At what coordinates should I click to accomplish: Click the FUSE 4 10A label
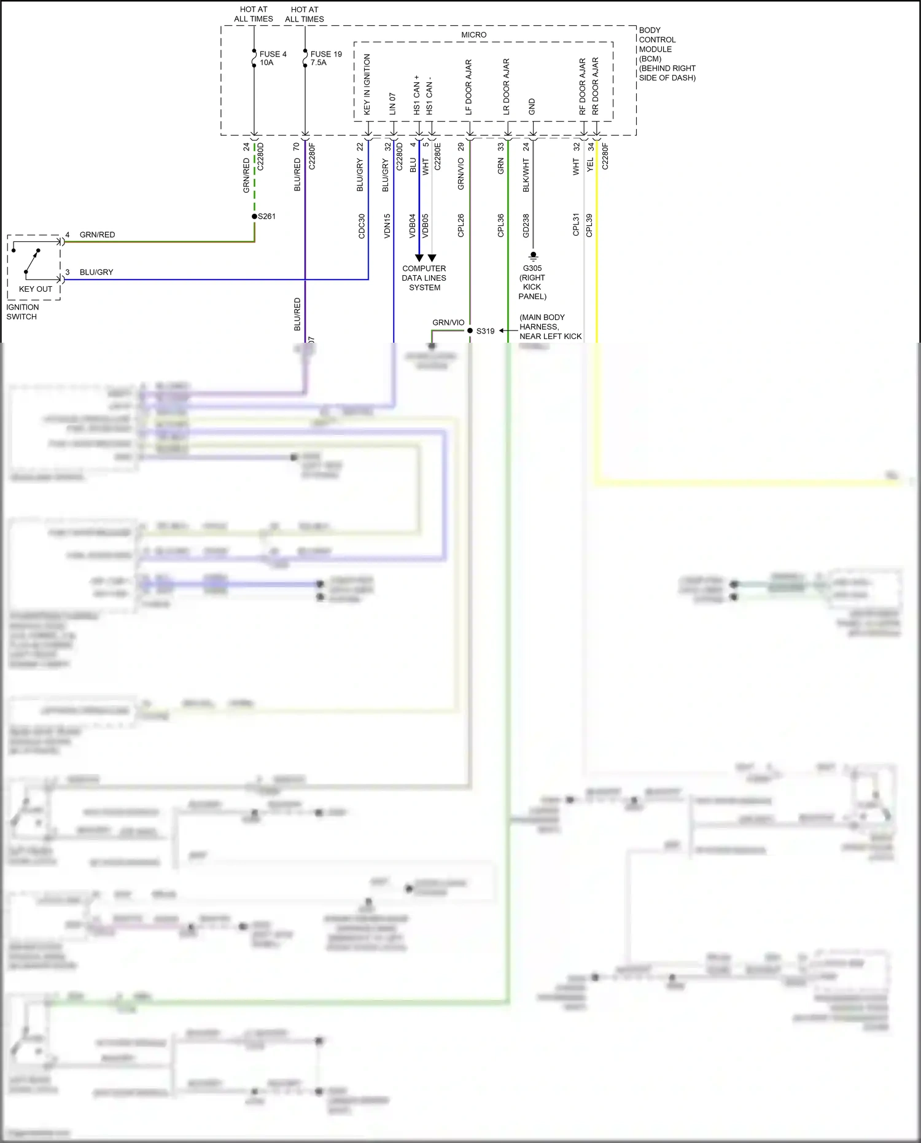click(273, 58)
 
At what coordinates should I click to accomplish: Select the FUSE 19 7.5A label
click(326, 58)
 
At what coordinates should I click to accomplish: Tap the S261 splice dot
click(255, 216)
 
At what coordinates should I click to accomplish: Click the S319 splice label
click(485, 331)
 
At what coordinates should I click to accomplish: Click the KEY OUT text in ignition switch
click(36, 289)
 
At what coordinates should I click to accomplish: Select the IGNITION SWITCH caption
click(22, 312)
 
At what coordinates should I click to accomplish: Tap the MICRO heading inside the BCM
click(473, 35)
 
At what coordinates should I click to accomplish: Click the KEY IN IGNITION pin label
click(367, 84)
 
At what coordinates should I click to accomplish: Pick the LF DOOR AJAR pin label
click(468, 87)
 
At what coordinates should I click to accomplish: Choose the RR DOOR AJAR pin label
click(595, 87)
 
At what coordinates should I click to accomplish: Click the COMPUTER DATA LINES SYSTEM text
click(424, 278)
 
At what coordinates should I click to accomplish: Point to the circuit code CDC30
click(362, 226)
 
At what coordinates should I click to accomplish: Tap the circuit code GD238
click(526, 226)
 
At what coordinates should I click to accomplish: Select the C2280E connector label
click(438, 157)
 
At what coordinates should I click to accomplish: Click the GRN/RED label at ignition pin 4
click(97, 235)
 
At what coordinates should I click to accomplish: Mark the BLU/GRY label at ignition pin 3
click(96, 272)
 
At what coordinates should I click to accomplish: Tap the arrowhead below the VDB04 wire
click(419, 258)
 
